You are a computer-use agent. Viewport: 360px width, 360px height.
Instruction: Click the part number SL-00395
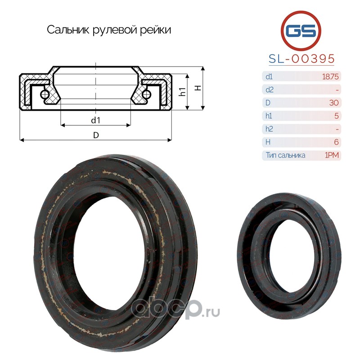pyautogui.click(x=301, y=59)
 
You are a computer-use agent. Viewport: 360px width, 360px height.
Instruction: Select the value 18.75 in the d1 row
pyautogui.click(x=330, y=76)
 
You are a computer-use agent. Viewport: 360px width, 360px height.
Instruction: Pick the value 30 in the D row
pyautogui.click(x=334, y=103)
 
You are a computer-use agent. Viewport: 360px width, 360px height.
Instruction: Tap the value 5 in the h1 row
pyautogui.click(x=337, y=116)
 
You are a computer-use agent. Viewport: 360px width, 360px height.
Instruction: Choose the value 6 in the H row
pyautogui.click(x=336, y=142)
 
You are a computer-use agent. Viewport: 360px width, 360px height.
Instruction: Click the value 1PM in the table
pyautogui.click(x=332, y=155)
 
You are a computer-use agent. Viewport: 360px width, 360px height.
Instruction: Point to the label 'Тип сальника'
pyautogui.click(x=286, y=155)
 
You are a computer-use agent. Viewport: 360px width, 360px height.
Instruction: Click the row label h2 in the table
pyautogui.click(x=269, y=129)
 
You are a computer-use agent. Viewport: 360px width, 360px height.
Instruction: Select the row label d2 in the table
pyautogui.click(x=270, y=90)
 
